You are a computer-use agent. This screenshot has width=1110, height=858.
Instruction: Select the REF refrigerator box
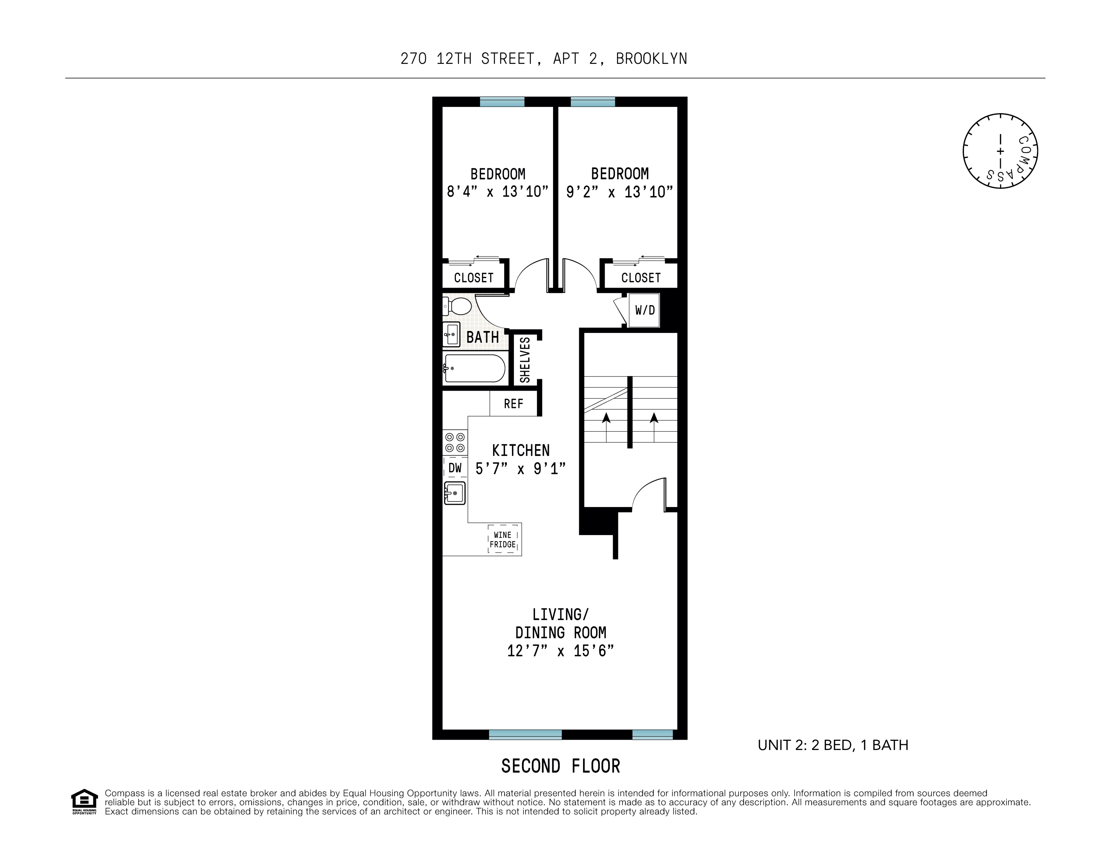(x=513, y=404)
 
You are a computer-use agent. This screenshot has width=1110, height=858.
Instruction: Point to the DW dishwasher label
(x=455, y=468)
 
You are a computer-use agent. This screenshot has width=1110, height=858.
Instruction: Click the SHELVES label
(x=525, y=360)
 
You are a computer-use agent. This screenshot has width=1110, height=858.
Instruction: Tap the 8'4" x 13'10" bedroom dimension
(x=498, y=192)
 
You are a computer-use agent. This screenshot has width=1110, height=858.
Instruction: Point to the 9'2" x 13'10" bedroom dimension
(x=620, y=192)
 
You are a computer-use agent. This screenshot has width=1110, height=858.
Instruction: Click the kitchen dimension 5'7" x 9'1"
(x=520, y=468)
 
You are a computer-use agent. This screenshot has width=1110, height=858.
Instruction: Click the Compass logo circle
(x=1000, y=151)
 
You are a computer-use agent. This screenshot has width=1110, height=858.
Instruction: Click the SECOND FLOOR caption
(x=561, y=766)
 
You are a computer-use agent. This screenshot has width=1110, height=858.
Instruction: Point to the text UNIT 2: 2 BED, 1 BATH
(x=833, y=745)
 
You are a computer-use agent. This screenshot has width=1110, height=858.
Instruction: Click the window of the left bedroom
(x=502, y=102)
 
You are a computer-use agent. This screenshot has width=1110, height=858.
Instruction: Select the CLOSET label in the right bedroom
(x=640, y=277)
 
